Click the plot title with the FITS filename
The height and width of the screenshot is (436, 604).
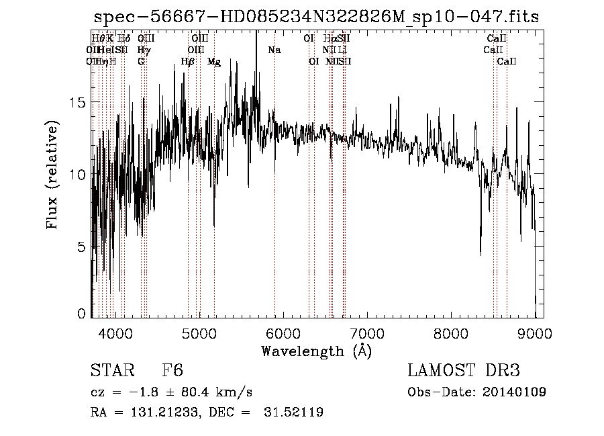point(316,17)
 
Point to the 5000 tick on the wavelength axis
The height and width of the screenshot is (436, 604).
point(199,332)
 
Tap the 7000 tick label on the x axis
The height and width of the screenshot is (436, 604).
point(367,332)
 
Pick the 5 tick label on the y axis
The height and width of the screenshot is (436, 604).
point(82,247)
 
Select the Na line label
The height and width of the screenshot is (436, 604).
point(274,50)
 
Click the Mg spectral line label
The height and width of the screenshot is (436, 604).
point(213,61)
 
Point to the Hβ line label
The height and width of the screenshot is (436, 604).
point(188,61)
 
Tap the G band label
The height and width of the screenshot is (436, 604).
point(141,61)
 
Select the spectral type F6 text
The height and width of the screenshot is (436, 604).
point(172,370)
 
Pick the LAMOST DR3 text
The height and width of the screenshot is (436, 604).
point(463,370)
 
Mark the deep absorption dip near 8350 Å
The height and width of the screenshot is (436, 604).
point(481,252)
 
